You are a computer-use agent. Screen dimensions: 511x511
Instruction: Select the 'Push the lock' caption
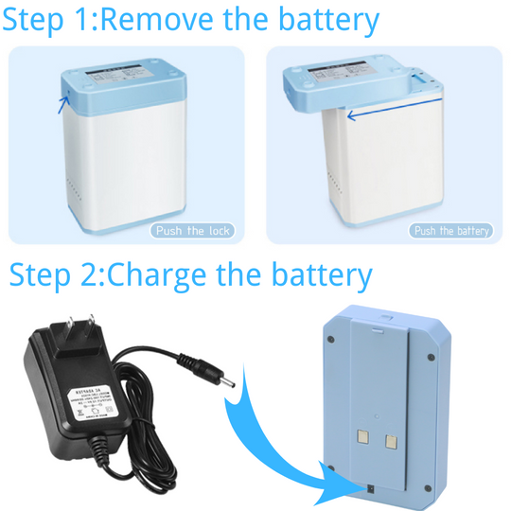(x=192, y=231)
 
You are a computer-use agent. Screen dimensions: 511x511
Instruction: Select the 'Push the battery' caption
(x=451, y=231)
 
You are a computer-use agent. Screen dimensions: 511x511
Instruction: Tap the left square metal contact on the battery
(x=361, y=438)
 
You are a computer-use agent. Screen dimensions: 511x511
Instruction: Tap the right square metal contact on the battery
(x=392, y=439)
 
